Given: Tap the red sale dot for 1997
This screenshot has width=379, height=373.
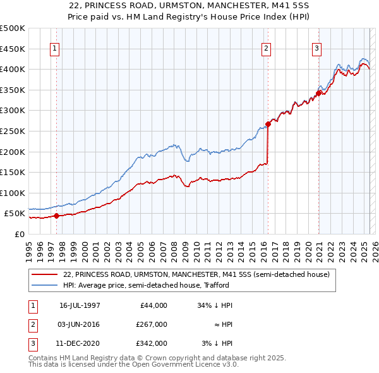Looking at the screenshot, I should pyautogui.click(x=56, y=216).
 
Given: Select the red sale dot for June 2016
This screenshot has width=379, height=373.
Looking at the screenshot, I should pyautogui.click(x=268, y=124).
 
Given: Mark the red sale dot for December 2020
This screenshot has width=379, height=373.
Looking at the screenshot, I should pyautogui.click(x=318, y=93).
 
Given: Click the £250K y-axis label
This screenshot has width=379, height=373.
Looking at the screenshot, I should pyautogui.click(x=13, y=131).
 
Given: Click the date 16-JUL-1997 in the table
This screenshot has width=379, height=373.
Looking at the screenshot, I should pyautogui.click(x=80, y=305).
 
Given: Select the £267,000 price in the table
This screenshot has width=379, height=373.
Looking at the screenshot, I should pyautogui.click(x=152, y=324).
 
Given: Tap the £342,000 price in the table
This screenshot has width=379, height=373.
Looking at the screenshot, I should pyautogui.click(x=152, y=343).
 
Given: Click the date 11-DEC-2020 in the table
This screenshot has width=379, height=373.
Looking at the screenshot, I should pyautogui.click(x=80, y=343).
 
